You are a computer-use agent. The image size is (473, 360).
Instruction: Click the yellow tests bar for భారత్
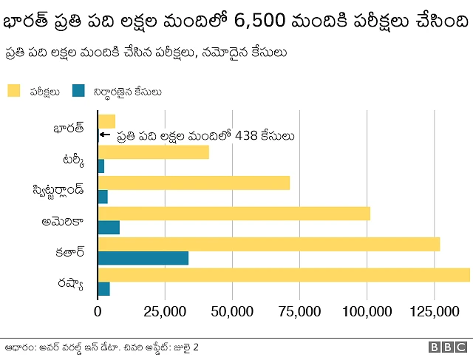pyautogui.click(x=106, y=121)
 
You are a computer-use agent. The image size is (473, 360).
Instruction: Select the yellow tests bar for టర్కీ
pyautogui.click(x=153, y=152)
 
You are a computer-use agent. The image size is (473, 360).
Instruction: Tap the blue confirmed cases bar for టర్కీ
pyautogui.click(x=101, y=166)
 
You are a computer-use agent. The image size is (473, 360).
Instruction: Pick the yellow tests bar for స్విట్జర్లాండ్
pyautogui.click(x=194, y=183)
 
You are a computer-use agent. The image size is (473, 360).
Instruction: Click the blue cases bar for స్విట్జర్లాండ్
pyautogui.click(x=103, y=197)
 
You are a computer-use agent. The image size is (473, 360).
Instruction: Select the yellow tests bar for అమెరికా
pyautogui.click(x=234, y=214)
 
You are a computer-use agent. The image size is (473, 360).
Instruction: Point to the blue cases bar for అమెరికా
pyautogui.click(x=109, y=228)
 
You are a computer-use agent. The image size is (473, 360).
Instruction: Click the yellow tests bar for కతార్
pyautogui.click(x=269, y=244)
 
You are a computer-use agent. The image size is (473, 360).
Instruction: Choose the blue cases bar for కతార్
pyautogui.click(x=143, y=258)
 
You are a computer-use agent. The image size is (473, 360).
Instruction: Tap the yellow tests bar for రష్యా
pyautogui.click(x=284, y=275)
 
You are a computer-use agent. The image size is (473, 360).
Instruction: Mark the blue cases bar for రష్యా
pyautogui.click(x=103, y=289)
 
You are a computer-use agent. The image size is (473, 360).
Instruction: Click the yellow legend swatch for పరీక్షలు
pyautogui.click(x=13, y=91)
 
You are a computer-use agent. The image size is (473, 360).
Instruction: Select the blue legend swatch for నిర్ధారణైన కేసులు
pyautogui.click(x=78, y=91)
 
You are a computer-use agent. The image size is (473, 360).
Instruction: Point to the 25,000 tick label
pyautogui.click(x=165, y=312)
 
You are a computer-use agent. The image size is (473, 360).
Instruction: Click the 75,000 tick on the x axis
pyautogui.click(x=299, y=312)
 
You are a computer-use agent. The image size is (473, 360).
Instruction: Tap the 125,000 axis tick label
pyautogui.click(x=434, y=312)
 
